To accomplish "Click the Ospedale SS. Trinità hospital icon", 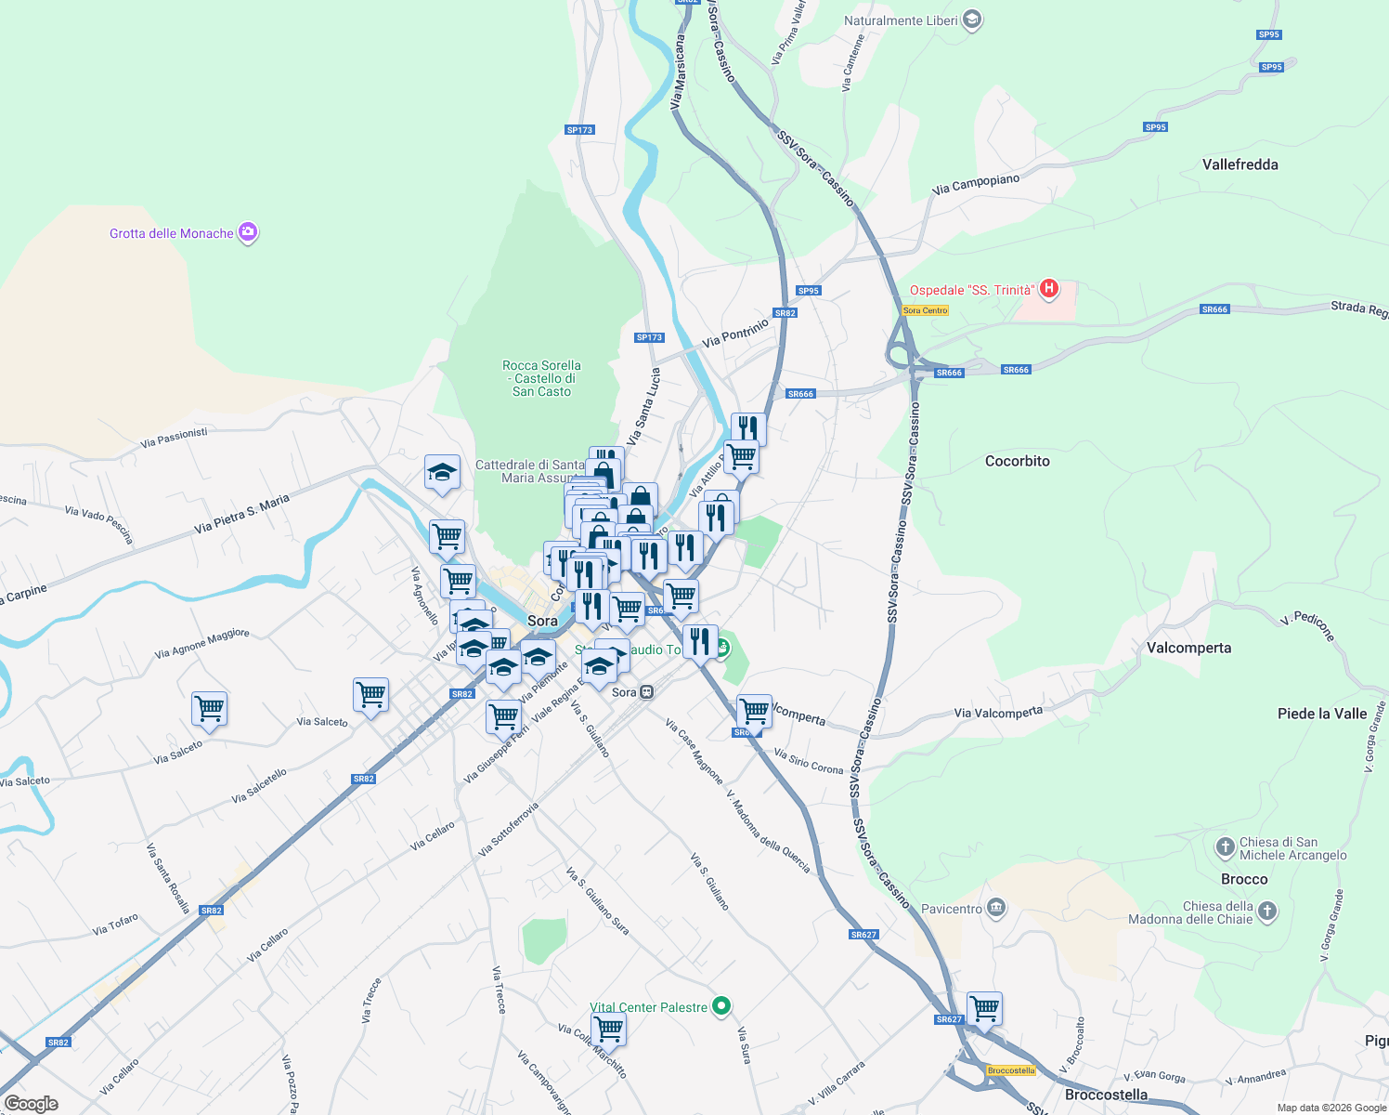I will (1048, 289).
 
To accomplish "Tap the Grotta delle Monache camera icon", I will (248, 232).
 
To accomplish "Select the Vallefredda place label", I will (1240, 164).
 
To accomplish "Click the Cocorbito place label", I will (1017, 461).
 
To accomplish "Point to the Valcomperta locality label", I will (1188, 648).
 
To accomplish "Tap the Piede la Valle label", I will (1321, 714).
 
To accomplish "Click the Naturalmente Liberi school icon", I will (972, 20).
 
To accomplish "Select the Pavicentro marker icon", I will (996, 908).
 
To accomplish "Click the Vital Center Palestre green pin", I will (721, 1006).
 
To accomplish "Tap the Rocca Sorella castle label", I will (542, 378).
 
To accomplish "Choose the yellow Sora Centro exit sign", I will (925, 310).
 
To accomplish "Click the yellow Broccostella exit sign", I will (1011, 1070).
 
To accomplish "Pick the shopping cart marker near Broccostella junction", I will (984, 1008).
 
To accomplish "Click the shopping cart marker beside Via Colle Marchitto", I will (608, 1029).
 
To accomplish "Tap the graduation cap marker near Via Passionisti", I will (442, 473).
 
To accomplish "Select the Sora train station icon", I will (647, 692).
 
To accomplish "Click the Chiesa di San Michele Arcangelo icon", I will (1225, 847).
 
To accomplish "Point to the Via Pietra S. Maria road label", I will (241, 515).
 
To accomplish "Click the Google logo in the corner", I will (31, 1103).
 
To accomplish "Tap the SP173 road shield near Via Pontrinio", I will (649, 337).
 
